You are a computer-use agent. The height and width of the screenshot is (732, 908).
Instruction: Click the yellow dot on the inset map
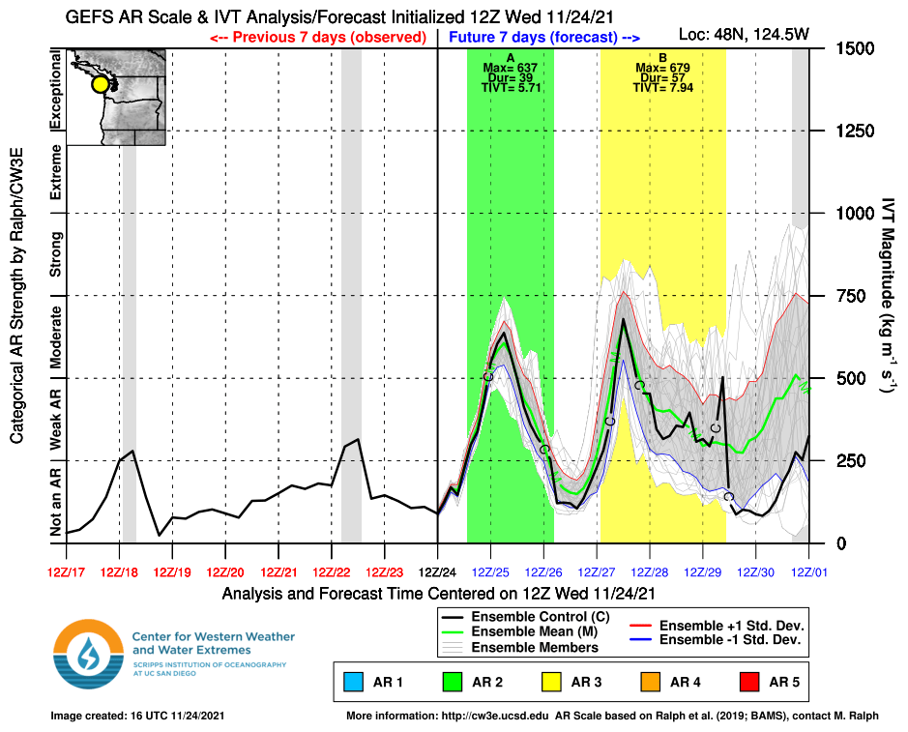(101, 84)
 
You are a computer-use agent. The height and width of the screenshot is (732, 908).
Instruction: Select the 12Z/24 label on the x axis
(438, 571)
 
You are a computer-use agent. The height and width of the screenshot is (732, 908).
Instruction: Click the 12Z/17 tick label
(67, 571)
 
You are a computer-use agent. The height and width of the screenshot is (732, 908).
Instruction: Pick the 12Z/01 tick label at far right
(809, 571)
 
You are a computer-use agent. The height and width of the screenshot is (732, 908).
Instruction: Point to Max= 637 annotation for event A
(510, 69)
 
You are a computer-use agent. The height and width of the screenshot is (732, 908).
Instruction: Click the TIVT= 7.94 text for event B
(662, 88)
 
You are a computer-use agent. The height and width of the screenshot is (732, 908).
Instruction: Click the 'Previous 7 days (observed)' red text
(318, 37)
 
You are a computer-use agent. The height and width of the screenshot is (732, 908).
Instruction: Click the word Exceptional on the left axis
(55, 92)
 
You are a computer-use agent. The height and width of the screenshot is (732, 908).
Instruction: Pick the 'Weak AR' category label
(55, 419)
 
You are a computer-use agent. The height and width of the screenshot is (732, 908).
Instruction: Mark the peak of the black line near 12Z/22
(358, 440)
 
